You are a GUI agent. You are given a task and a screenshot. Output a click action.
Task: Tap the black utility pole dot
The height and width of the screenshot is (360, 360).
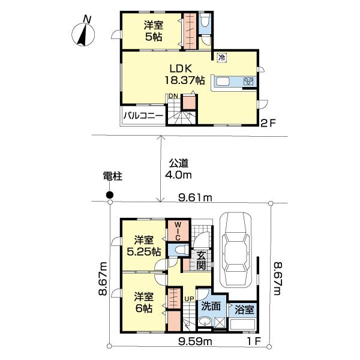coord(109,194)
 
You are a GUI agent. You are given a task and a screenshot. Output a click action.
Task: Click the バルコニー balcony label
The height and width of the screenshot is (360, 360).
coord(143,116)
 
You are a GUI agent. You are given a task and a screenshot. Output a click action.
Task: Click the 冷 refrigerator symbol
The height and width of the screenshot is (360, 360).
coord(221,58)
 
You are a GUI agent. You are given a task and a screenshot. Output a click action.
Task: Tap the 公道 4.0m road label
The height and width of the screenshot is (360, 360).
coord(179,169)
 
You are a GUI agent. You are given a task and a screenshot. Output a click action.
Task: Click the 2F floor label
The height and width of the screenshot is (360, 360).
coord(268,126)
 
